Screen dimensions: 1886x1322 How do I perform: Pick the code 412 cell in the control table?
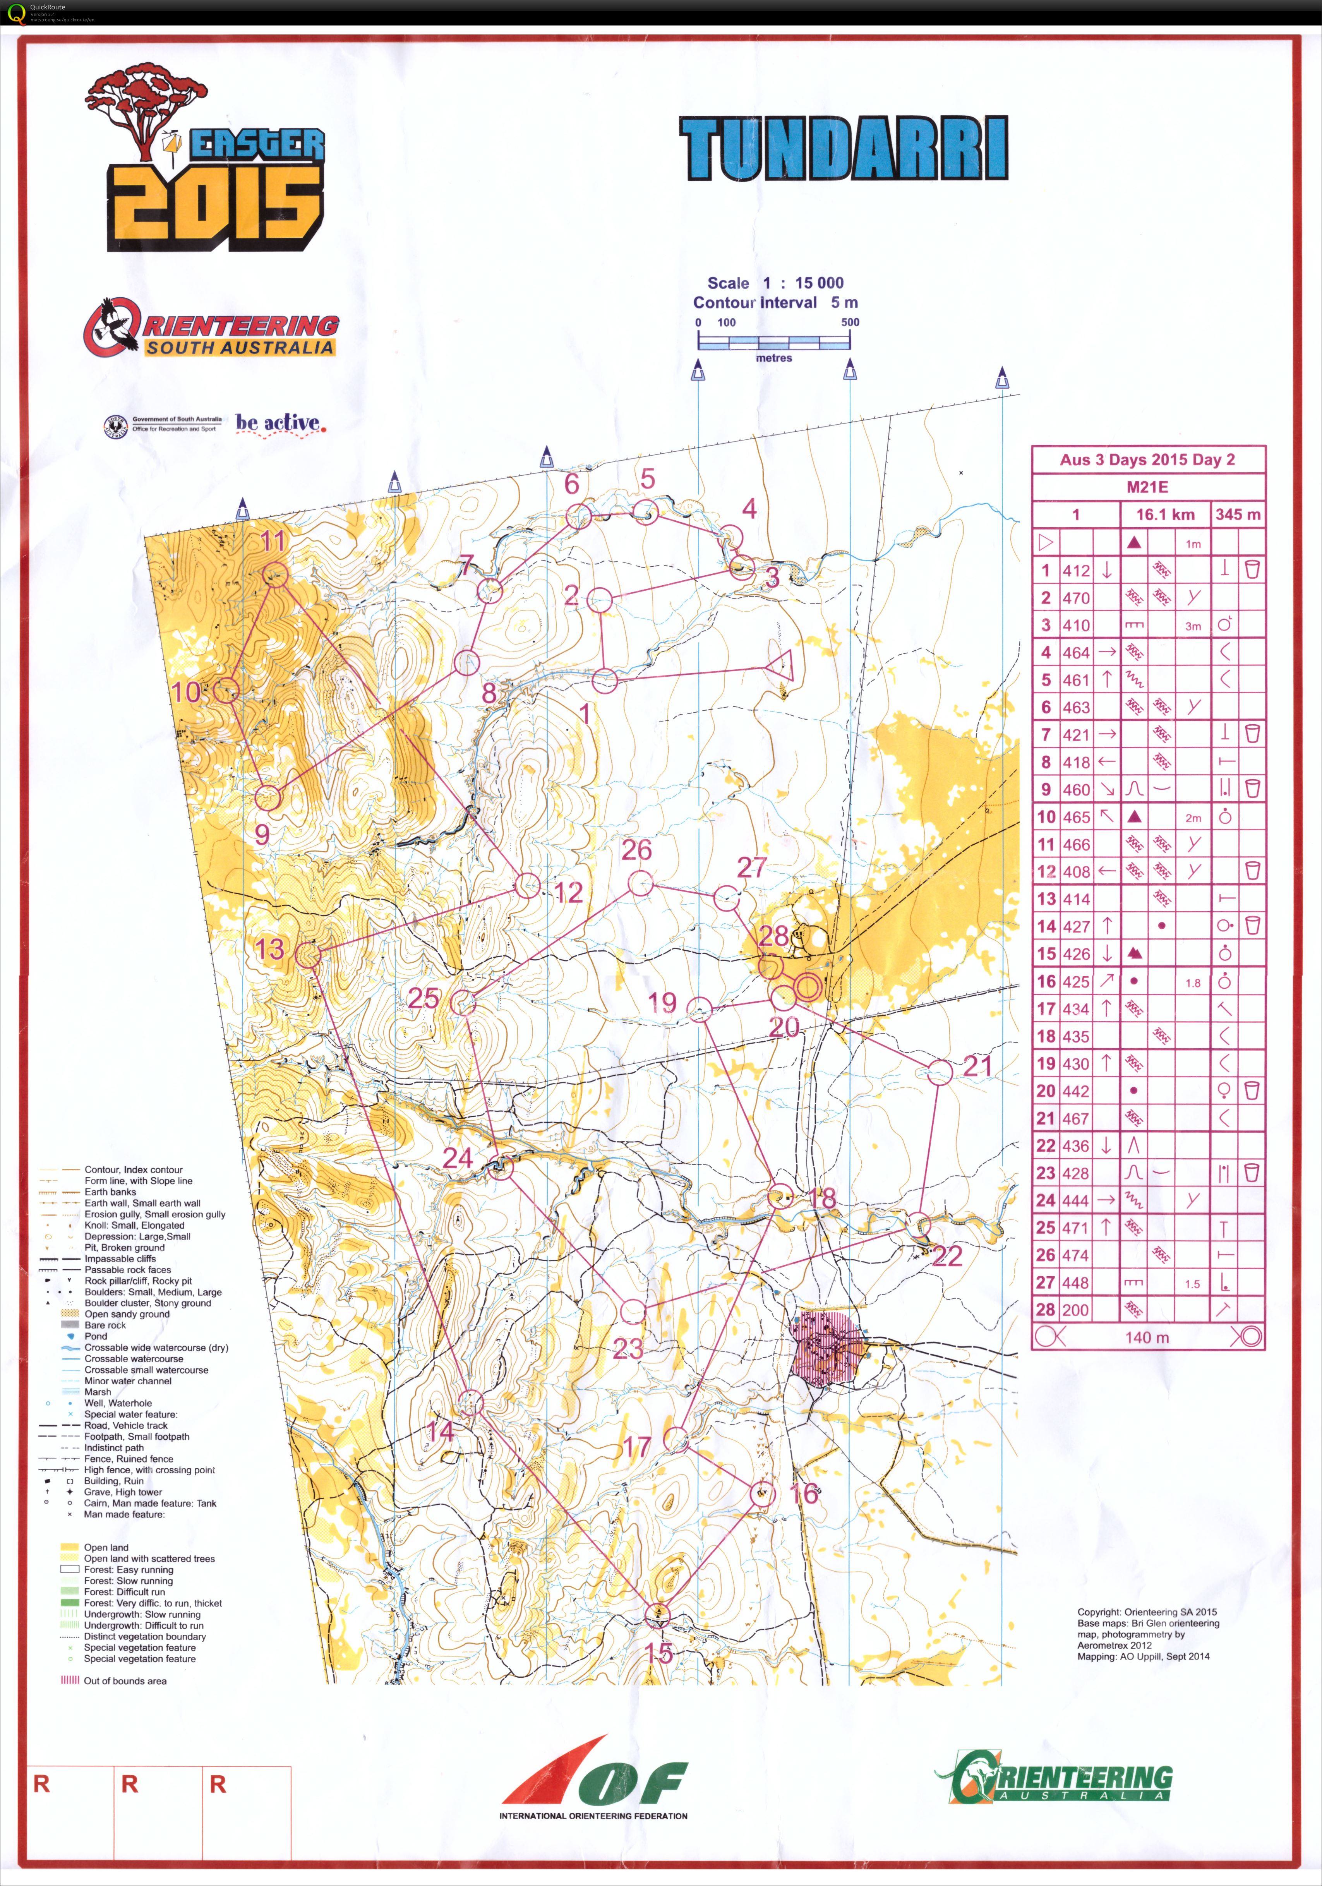point(1075,570)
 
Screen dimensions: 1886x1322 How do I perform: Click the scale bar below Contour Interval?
point(774,343)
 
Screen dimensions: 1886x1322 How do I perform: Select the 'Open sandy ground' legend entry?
point(127,1313)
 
